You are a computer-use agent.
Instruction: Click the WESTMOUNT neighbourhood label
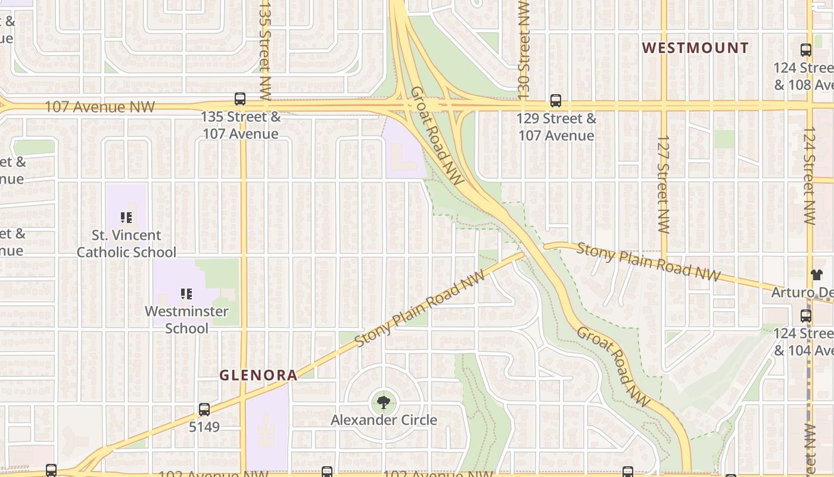coord(695,48)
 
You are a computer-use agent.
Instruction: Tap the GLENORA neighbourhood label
coord(258,375)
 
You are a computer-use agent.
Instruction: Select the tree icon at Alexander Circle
coord(384,402)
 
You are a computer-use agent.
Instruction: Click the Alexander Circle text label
coord(384,420)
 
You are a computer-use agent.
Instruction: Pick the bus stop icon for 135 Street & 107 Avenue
coord(240,99)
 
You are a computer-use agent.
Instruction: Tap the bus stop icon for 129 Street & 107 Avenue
coord(556,101)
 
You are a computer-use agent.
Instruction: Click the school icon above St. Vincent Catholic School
coord(126,218)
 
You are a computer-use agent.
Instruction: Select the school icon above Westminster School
coord(186,293)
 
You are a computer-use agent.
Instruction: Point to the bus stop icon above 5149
coord(204,410)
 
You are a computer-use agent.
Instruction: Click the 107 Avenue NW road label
coord(100,107)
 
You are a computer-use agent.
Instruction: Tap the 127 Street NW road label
coord(664,184)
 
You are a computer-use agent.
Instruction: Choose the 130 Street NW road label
coord(524,48)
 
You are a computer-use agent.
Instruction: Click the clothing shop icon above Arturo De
coord(816,275)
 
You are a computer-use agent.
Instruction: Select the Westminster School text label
coord(186,320)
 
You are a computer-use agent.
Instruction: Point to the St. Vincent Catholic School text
coord(126,243)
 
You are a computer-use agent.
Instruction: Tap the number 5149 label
coord(204,427)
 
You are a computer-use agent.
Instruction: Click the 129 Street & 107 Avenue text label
coord(556,127)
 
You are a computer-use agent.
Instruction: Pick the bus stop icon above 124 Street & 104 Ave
coord(806,316)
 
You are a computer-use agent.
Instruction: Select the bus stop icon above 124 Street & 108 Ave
coord(806,50)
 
